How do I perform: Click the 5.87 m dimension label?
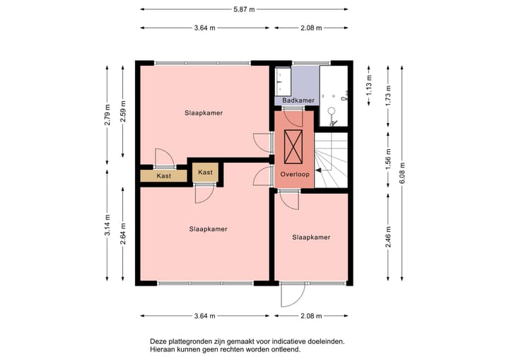(244, 9)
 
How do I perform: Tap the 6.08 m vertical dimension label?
(402, 173)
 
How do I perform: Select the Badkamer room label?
(298, 100)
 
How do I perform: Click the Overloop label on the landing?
(295, 174)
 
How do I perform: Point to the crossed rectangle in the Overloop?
(293, 146)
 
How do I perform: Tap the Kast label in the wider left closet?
(163, 176)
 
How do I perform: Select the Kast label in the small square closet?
(205, 172)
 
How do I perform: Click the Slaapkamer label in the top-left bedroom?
(204, 113)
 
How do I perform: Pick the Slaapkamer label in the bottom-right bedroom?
(311, 238)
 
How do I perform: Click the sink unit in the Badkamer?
(283, 81)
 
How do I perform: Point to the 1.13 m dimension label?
(369, 85)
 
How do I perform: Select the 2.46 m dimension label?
(388, 237)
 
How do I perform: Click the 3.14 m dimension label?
(107, 225)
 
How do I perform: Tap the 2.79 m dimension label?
(107, 115)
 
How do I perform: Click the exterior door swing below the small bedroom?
(293, 295)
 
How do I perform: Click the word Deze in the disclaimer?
(157, 342)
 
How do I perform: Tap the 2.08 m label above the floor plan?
(311, 28)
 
